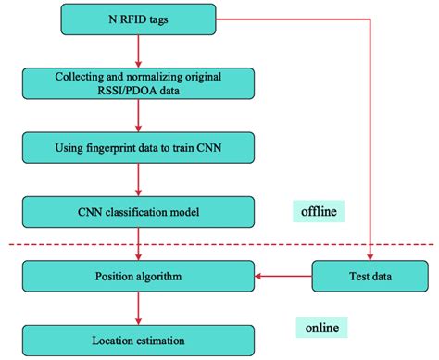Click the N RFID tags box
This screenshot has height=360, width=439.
[137, 17]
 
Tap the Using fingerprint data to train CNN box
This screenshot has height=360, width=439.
[137, 146]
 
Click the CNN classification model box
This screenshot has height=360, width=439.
[137, 213]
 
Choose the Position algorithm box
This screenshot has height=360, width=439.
[137, 276]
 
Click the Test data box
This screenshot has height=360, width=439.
[370, 276]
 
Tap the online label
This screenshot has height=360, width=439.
[325, 329]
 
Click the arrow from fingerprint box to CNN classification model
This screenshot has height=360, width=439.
[137, 180]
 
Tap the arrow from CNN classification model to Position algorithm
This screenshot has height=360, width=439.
[137, 244]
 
